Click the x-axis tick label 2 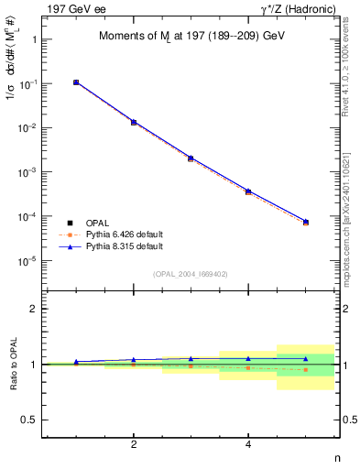134,445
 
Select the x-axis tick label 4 248,445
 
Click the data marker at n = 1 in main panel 76,82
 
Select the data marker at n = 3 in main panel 191,158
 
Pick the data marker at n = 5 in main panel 305,222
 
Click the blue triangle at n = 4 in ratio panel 248,359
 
